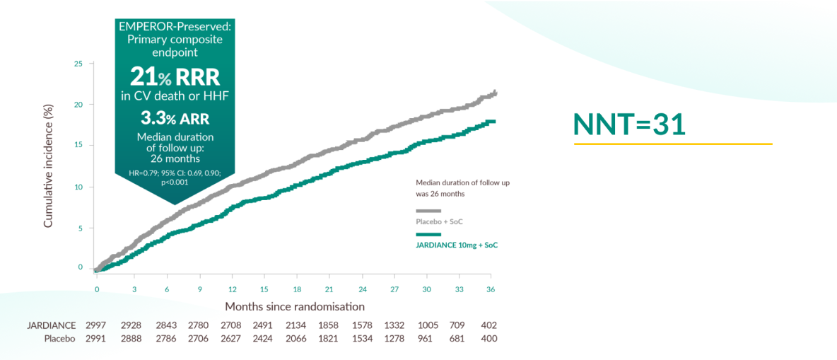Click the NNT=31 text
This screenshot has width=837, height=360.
coord(629,123)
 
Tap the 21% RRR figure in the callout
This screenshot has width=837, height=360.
coord(175,77)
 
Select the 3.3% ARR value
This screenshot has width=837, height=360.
coord(175,117)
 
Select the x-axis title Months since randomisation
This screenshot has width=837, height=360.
coord(295,306)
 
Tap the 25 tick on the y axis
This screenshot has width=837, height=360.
coord(78,64)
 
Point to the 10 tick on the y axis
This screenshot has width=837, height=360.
coord(78,187)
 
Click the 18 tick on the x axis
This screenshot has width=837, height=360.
coord(298,290)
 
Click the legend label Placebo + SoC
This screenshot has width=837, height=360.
coord(440,222)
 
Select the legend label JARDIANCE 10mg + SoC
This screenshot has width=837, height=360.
coord(461,245)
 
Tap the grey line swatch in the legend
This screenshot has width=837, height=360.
coord(428,211)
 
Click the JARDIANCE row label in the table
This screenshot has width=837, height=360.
coord(51,325)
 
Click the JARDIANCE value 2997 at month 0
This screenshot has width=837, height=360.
coord(95,325)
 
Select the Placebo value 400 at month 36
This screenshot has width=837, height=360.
coord(488,339)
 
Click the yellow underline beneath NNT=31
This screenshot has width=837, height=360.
coord(672,144)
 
